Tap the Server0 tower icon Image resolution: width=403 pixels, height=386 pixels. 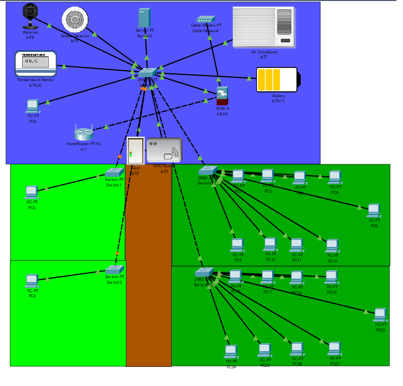[x=144, y=18]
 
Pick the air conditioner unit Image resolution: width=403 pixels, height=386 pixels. [x=263, y=27]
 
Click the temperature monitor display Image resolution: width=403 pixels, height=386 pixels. [x=36, y=63]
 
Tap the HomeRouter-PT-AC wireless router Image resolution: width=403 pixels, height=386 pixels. [x=84, y=134]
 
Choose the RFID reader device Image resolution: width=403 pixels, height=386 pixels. [x=164, y=150]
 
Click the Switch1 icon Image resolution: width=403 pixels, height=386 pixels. [x=114, y=172]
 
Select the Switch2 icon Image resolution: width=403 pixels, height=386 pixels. [x=114, y=270]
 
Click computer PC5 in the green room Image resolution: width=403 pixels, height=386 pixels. [x=32, y=192]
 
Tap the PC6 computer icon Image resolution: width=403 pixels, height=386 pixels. [x=32, y=280]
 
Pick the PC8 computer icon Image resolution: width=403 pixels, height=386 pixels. [x=373, y=210]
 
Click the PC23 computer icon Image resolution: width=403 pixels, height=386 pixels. [x=380, y=315]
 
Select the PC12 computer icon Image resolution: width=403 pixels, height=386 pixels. [x=332, y=245]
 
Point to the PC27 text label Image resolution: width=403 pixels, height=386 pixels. [x=334, y=364]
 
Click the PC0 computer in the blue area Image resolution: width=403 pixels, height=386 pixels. [x=33, y=106]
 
